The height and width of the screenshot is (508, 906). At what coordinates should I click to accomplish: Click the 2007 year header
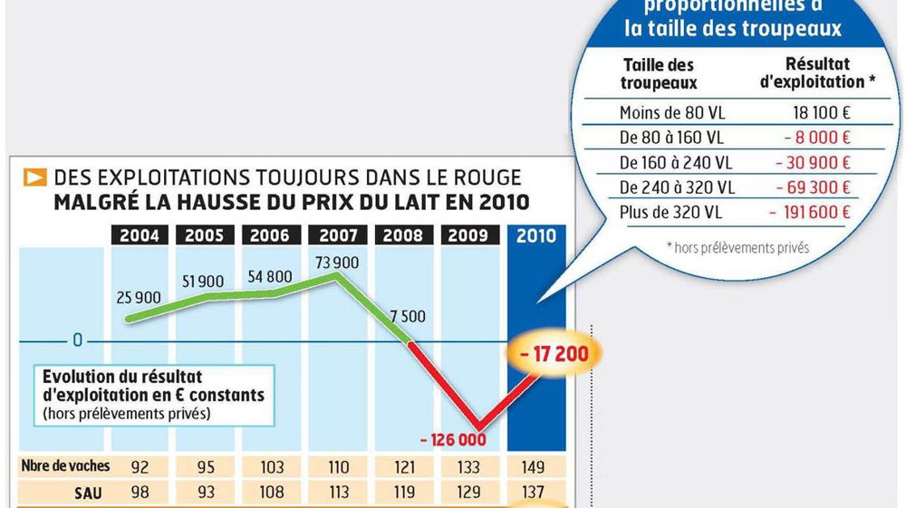point(338,235)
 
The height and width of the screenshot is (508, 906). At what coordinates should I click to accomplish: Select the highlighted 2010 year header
point(535,235)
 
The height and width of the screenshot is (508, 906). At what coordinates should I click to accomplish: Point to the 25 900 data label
point(139,297)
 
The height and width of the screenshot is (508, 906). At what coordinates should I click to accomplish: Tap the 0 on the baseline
point(78,341)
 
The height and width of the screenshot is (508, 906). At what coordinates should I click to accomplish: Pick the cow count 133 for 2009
point(470,467)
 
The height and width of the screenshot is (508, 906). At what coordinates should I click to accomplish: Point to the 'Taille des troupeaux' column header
point(659,73)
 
